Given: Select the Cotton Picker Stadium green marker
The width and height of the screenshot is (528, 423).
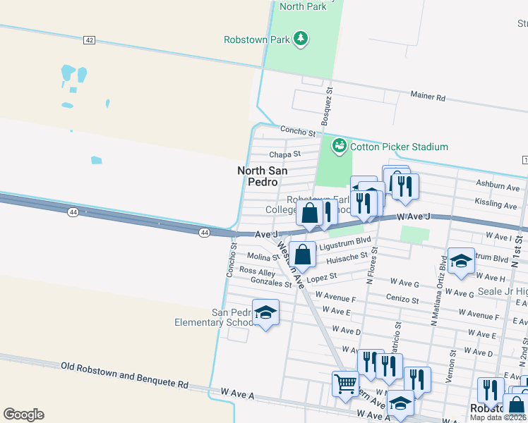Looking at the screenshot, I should (339, 146).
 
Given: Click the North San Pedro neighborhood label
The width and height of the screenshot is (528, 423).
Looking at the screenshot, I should (261, 176).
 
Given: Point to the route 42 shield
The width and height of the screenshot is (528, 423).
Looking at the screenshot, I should (89, 40).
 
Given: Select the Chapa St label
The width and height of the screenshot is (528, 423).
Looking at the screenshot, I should (284, 154).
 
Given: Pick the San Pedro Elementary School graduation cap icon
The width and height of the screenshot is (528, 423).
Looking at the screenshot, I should (265, 312).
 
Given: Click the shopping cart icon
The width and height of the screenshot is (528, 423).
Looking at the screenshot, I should (345, 384).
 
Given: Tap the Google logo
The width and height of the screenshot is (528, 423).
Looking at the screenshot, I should (23, 414).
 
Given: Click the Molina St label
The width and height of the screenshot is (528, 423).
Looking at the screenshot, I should (260, 257).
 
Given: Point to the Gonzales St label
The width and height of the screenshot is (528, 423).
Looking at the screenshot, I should (271, 283).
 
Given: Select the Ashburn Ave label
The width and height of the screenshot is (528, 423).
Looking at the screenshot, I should (498, 186).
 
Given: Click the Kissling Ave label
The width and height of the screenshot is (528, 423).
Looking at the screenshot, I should (496, 204).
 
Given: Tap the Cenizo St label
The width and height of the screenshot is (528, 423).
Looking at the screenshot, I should (402, 299).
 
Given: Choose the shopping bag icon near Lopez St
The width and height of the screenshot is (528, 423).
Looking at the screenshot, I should (303, 255).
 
